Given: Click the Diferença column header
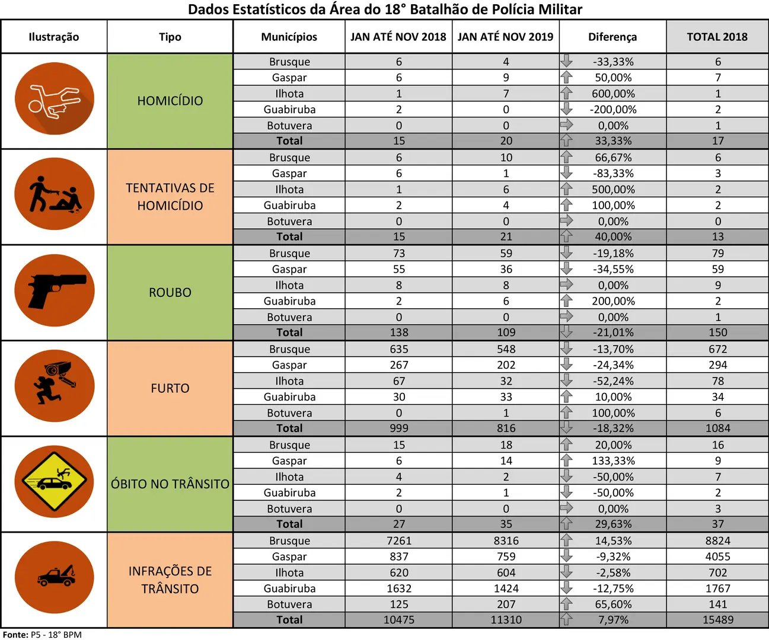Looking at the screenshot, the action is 612,37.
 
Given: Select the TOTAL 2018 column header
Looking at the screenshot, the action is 717,37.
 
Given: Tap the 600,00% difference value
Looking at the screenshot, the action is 613,94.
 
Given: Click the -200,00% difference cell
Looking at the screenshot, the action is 613,110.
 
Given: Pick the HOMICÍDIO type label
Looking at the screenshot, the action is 170,101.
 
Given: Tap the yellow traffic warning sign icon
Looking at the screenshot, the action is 54,482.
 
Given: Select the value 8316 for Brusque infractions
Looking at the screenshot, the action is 506,540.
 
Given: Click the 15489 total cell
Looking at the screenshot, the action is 718,620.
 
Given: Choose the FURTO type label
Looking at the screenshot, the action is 170,388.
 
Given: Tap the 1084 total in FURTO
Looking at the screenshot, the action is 718,428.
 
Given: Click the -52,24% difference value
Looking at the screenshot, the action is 613,381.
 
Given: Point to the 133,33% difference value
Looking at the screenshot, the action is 613,461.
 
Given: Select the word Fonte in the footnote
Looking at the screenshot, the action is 15,635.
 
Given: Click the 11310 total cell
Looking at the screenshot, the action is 506,620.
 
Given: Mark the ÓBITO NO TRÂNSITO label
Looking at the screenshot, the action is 170,484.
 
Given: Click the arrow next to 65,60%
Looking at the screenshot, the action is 566,604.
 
